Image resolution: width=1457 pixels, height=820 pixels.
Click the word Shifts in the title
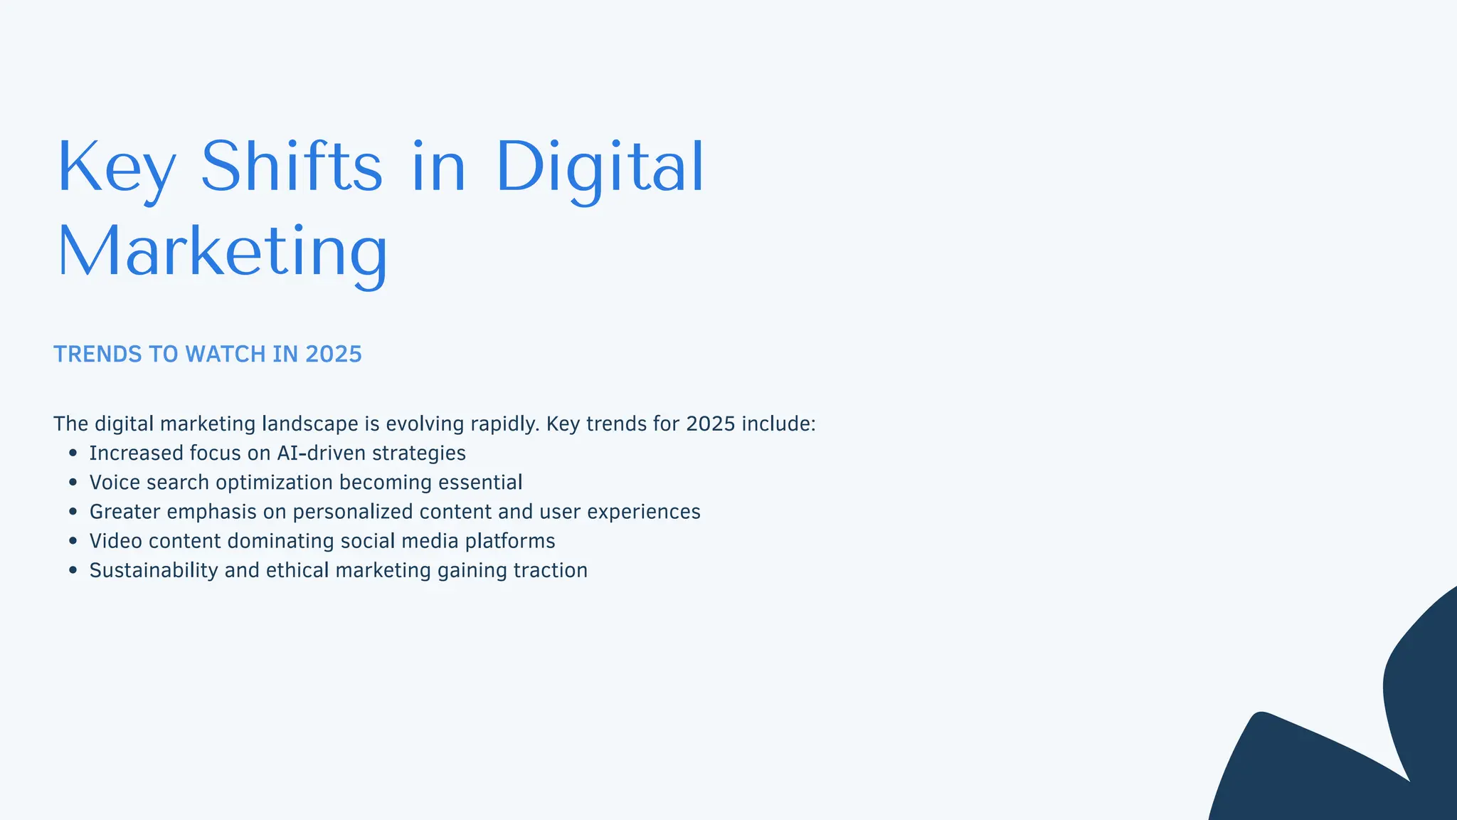(x=292, y=167)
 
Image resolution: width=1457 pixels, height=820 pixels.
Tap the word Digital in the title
(x=599, y=167)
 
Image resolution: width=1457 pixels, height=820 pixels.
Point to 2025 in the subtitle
(x=333, y=354)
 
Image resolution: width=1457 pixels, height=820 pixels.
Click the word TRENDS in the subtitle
(x=97, y=354)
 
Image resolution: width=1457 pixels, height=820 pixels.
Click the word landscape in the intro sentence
(x=310, y=424)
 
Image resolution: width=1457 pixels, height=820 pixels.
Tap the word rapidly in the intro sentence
(x=505, y=424)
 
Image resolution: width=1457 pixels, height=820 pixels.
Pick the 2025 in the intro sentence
(x=710, y=424)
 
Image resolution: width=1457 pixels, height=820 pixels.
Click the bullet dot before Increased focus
(x=73, y=453)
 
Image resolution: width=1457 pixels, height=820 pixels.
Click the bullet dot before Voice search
(x=73, y=482)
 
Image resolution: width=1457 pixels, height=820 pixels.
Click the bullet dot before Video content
(x=73, y=541)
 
